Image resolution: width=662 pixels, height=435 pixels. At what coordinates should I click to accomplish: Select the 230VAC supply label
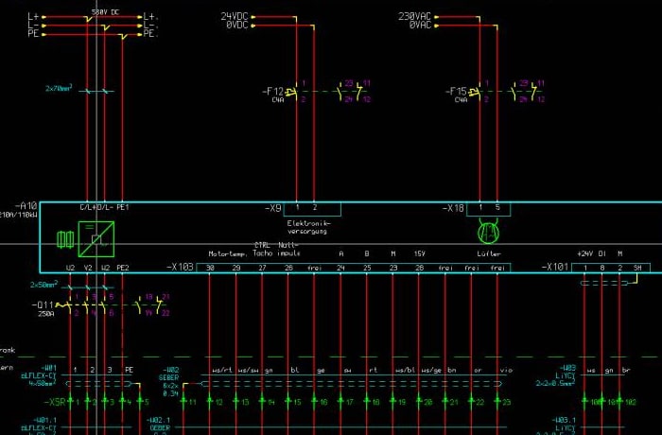(414, 16)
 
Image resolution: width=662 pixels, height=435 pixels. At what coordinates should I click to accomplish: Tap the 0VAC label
(419, 26)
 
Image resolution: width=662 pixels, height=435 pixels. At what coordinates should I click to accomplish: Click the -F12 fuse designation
(273, 91)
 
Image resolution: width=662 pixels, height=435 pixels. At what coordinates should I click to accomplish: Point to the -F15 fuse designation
(456, 91)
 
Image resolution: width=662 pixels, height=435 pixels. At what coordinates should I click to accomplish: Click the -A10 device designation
(26, 205)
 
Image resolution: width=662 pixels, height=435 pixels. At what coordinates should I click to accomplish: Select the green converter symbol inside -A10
(96, 239)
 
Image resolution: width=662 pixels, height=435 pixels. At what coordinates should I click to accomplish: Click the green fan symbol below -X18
(488, 230)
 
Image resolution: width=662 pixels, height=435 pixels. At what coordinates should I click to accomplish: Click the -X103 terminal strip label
(180, 268)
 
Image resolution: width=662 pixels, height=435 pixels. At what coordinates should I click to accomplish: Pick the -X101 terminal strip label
(555, 268)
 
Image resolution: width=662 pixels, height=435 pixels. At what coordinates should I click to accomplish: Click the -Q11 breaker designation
(45, 304)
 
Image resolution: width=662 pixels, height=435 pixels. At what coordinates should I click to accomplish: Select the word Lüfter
(488, 253)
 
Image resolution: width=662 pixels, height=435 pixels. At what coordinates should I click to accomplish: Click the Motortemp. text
(227, 253)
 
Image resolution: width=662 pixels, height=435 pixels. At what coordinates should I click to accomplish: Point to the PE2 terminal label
(122, 268)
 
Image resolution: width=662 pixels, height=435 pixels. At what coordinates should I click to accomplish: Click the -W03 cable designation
(566, 368)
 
